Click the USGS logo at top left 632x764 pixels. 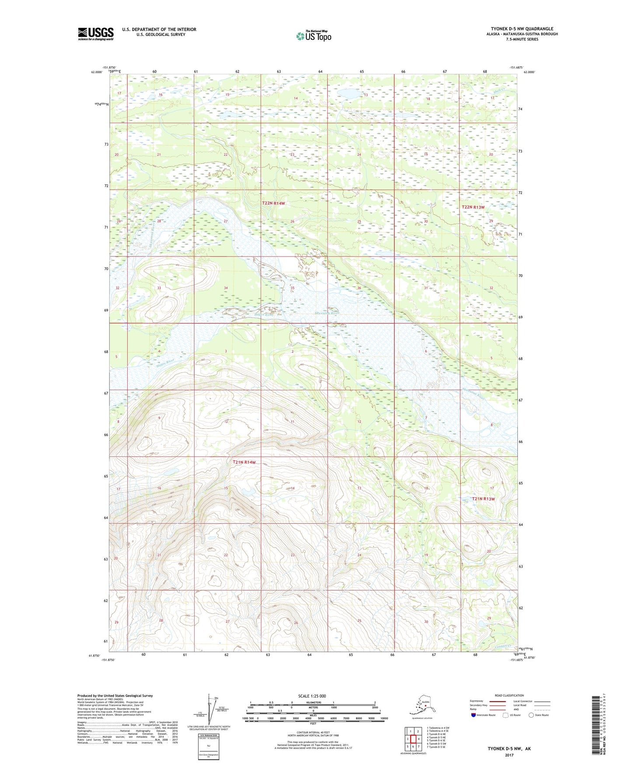(x=95, y=34)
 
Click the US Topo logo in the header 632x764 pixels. (x=314, y=36)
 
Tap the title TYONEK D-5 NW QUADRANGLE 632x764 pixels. (x=522, y=29)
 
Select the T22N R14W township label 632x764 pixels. (x=273, y=203)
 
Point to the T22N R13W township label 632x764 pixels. (x=473, y=207)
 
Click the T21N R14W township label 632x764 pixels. (x=244, y=462)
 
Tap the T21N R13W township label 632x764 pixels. (x=483, y=499)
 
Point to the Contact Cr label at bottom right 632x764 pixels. (x=503, y=646)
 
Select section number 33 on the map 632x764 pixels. (x=159, y=288)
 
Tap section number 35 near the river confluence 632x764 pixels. (x=293, y=288)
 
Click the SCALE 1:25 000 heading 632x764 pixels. (x=312, y=696)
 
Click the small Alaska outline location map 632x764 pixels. (x=422, y=708)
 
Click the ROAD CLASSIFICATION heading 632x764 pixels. (x=509, y=695)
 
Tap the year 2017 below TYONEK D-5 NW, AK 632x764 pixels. (x=509, y=755)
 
